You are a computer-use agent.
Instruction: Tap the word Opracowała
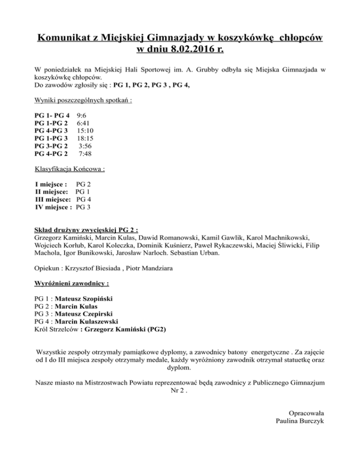(x=307, y=413)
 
